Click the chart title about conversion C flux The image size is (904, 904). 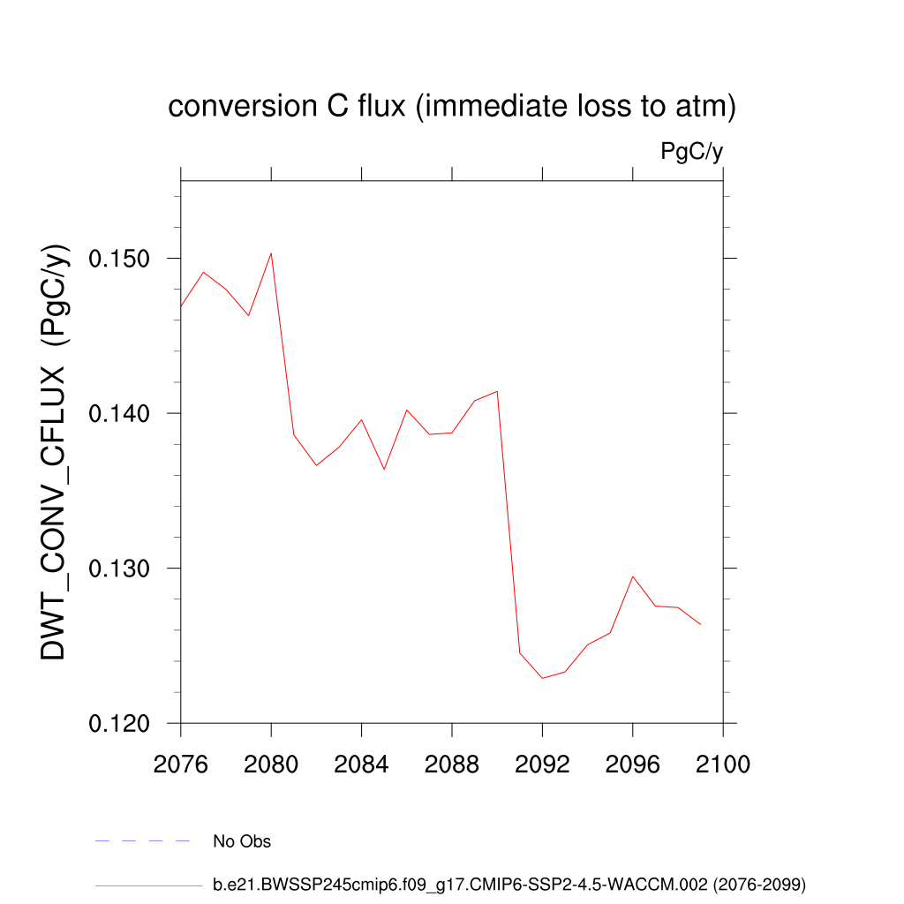click(x=452, y=107)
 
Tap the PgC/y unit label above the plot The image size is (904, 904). click(x=692, y=152)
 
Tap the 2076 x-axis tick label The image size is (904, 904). click(x=181, y=765)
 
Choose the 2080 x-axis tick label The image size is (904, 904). click(x=271, y=765)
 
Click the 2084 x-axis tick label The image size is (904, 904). click(x=362, y=765)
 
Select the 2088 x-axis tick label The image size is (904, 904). click(x=452, y=765)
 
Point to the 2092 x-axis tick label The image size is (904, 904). click(x=542, y=765)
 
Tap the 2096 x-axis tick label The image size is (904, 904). click(x=633, y=765)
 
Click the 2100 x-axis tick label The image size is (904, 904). click(x=723, y=765)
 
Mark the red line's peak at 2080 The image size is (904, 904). click(x=271, y=253)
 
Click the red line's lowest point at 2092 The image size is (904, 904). click(x=542, y=678)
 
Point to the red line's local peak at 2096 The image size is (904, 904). click(x=633, y=576)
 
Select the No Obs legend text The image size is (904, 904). click(x=242, y=841)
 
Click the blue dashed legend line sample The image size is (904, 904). click(x=143, y=841)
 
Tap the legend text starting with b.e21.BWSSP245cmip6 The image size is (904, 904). click(x=509, y=884)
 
